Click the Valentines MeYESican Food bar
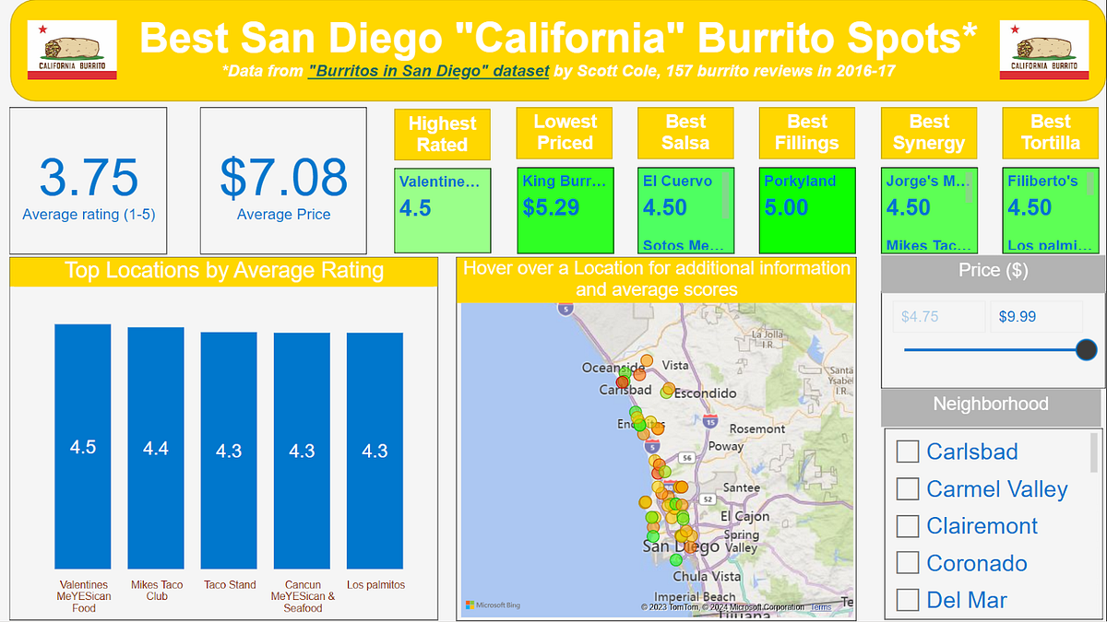pyautogui.click(x=83, y=447)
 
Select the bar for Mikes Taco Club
pyautogui.click(x=156, y=449)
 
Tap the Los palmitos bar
pyautogui.click(x=375, y=451)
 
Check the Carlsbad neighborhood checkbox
pyautogui.click(x=909, y=452)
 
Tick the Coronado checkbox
pyautogui.click(x=909, y=563)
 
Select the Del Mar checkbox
pyautogui.click(x=909, y=601)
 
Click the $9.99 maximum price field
pyautogui.click(x=1035, y=316)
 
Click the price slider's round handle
pyautogui.click(x=1087, y=349)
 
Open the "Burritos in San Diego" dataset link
pyautogui.click(x=429, y=70)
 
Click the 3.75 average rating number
pyautogui.click(x=89, y=178)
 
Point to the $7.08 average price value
pyautogui.click(x=283, y=178)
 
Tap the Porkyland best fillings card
pyautogui.click(x=807, y=210)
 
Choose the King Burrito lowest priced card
pyautogui.click(x=565, y=210)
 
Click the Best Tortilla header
pyautogui.click(x=1050, y=133)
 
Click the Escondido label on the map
pyautogui.click(x=706, y=393)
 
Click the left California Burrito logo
pyautogui.click(x=72, y=50)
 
